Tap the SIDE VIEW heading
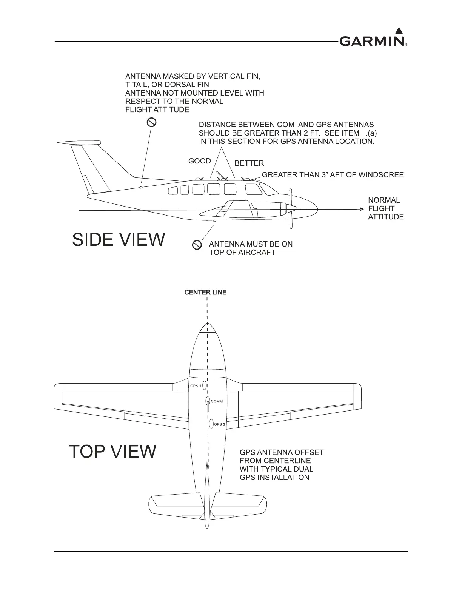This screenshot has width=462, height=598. [119, 239]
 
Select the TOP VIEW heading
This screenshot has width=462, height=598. [112, 451]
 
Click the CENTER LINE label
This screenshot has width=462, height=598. [205, 292]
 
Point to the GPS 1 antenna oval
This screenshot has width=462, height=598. [204, 385]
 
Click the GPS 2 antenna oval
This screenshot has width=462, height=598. [211, 424]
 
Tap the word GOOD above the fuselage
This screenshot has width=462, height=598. [200, 161]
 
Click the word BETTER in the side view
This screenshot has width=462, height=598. [249, 163]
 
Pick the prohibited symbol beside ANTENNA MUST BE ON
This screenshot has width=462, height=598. [196, 245]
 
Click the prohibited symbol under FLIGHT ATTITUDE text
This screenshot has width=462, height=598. [151, 122]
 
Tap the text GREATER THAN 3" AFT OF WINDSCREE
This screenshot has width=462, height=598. [333, 175]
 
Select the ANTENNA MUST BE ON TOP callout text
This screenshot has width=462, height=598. [251, 248]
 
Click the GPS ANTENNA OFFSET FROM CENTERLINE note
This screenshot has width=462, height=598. [281, 465]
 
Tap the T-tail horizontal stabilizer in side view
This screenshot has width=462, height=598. [79, 143]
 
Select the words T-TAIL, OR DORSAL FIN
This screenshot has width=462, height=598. [167, 85]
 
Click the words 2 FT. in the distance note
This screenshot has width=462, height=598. [311, 133]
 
